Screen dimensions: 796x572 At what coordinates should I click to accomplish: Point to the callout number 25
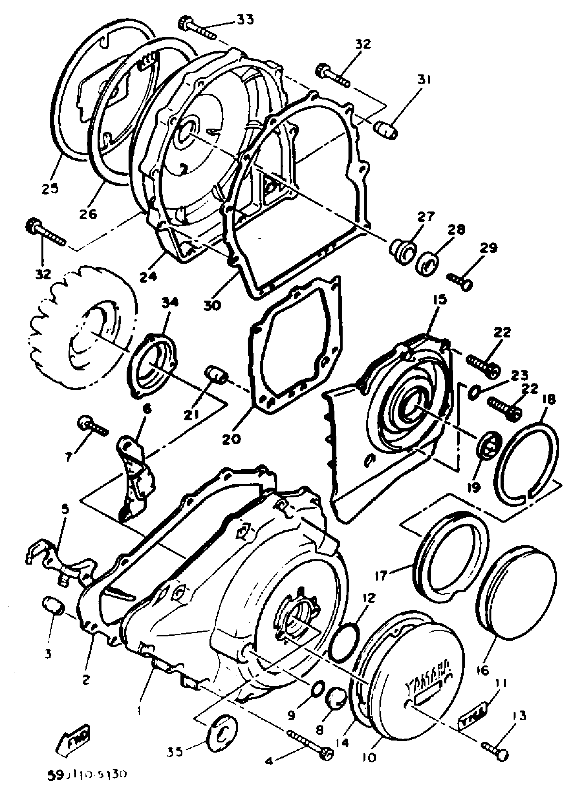(x=50, y=188)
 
